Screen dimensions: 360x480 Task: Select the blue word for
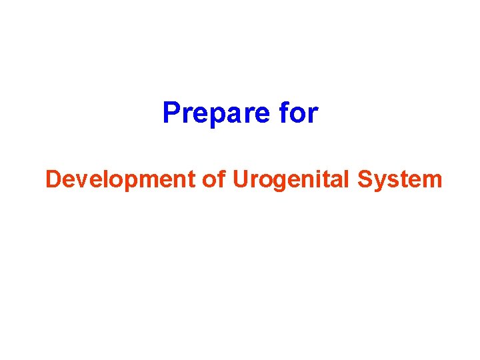pyautogui.click(x=298, y=113)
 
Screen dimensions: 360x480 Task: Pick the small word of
pyautogui.click(x=213, y=179)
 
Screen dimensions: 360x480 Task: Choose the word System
pyautogui.click(x=400, y=179)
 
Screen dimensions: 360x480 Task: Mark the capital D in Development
pyautogui.click(x=52, y=179)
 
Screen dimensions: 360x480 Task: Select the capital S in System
pyautogui.click(x=365, y=179)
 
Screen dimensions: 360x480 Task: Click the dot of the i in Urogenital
pyautogui.click(x=315, y=171)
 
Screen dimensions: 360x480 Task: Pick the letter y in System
pyautogui.click(x=378, y=182)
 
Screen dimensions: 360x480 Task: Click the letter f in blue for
pyautogui.click(x=285, y=113)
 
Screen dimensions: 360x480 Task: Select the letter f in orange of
pyautogui.click(x=221, y=179)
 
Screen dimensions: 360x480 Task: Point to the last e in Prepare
pyautogui.click(x=261, y=115)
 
